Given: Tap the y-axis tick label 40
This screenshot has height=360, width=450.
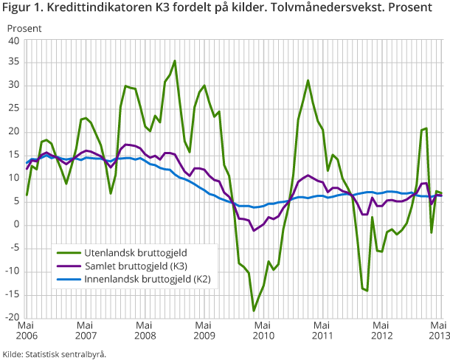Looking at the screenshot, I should [14, 41].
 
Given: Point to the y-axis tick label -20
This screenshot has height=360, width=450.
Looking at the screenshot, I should [13, 318].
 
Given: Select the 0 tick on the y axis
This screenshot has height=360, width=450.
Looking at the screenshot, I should [17, 225].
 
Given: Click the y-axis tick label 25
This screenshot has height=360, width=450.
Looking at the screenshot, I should [14, 110].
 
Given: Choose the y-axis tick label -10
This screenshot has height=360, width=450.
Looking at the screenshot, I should [13, 271].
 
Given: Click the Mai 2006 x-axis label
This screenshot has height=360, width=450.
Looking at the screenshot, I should [26, 330].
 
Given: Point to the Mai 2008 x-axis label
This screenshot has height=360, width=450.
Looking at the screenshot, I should [145, 330].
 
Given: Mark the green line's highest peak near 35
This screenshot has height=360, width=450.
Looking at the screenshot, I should [175, 61].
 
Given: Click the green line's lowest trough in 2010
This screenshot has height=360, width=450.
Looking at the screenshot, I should [254, 311].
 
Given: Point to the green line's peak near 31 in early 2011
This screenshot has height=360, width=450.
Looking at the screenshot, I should [308, 80].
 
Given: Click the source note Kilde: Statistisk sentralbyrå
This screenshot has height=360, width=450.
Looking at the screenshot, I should [55, 353].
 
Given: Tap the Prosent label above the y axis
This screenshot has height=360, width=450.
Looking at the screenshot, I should [24, 28].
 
